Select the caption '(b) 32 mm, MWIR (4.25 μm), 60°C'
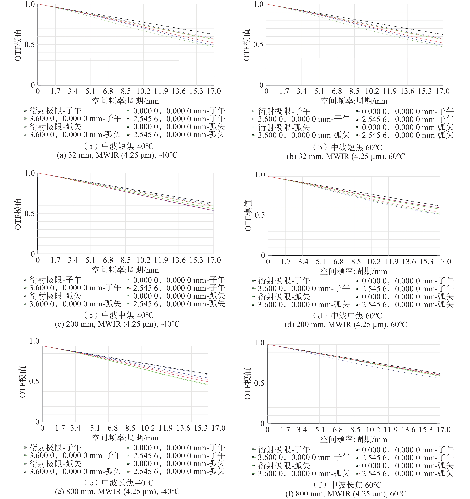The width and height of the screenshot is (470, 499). click(346, 157)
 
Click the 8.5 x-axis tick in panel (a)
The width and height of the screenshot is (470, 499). click(125, 91)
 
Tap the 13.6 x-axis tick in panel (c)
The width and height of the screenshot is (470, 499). click(178, 260)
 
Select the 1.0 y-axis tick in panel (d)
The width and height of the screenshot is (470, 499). click(260, 175)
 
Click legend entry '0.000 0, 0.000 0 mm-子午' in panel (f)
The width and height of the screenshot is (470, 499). click(407, 450)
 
